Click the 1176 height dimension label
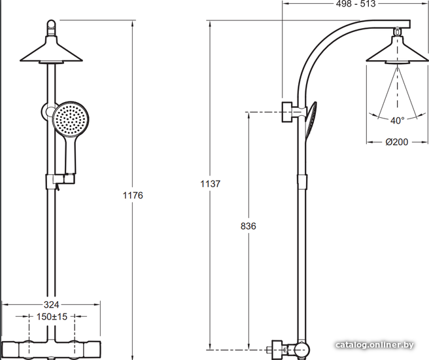click(133, 195)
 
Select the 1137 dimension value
click(210, 184)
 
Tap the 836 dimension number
click(248, 226)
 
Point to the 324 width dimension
click(52, 304)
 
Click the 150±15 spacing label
click(52, 317)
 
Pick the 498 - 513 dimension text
click(355, 3)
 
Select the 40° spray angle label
click(397, 120)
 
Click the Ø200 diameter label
click(397, 142)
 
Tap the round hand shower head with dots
click(71, 118)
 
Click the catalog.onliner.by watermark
click(375, 345)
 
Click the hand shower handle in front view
click(71, 154)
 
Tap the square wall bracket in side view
click(286, 112)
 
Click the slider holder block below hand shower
click(60, 181)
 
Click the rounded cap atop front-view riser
click(51, 27)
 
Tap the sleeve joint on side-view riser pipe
click(302, 181)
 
